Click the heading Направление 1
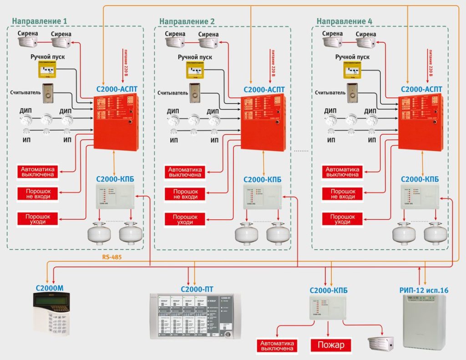tap(40, 21)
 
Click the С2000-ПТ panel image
tap(195, 316)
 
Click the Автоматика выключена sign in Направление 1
tap(39, 172)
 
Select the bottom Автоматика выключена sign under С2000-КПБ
tap(276, 345)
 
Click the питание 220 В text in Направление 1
tap(126, 62)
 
